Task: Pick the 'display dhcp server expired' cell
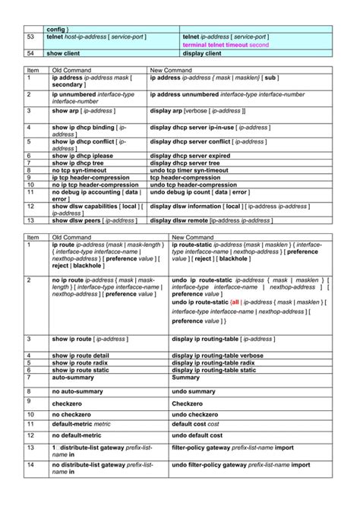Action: pyautogui.click(x=190, y=155)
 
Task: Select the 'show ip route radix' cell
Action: pyautogui.click(x=80, y=362)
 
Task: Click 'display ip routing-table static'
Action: pyautogui.click(x=213, y=369)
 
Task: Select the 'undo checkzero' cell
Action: pyautogui.click(x=200, y=414)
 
